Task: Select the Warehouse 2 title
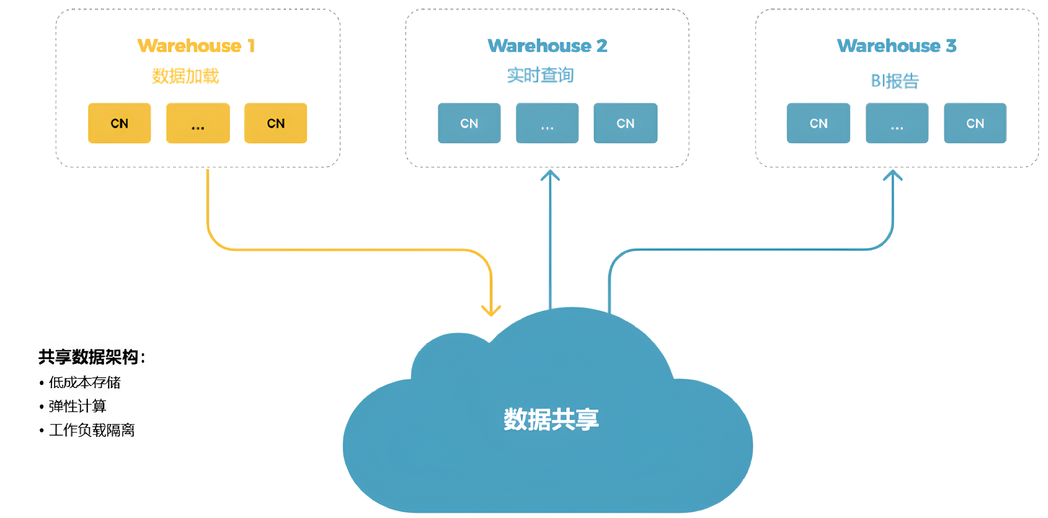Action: point(547,45)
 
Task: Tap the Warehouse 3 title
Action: point(897,45)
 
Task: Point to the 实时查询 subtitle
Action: point(540,75)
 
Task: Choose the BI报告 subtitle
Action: point(895,81)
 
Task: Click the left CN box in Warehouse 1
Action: point(119,123)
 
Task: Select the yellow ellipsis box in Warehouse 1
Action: point(198,123)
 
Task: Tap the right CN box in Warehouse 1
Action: point(275,123)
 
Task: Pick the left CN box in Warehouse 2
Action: point(469,123)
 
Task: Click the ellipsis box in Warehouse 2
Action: point(547,123)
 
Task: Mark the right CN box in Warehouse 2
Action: point(625,123)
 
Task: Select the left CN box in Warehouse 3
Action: point(818,123)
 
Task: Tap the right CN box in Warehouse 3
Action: point(975,123)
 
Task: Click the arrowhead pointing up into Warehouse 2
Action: point(550,175)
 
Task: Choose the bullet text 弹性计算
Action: point(77,406)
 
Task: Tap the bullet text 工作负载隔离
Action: point(91,430)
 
